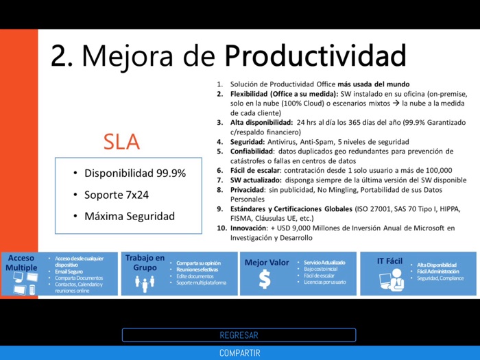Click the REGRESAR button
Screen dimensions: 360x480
coord(239,335)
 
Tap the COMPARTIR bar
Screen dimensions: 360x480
coord(239,353)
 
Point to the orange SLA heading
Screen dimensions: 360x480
coord(121,141)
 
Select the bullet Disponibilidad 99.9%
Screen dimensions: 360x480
coord(135,173)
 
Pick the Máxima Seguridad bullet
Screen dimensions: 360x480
coord(130,216)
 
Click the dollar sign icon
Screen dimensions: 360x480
coord(265,279)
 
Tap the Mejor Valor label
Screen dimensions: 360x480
coord(267,263)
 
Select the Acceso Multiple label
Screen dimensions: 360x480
coord(21,263)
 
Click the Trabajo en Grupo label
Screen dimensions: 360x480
coord(145,263)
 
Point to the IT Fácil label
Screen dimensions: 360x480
coord(389,261)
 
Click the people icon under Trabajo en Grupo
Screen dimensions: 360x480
coord(145,283)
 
